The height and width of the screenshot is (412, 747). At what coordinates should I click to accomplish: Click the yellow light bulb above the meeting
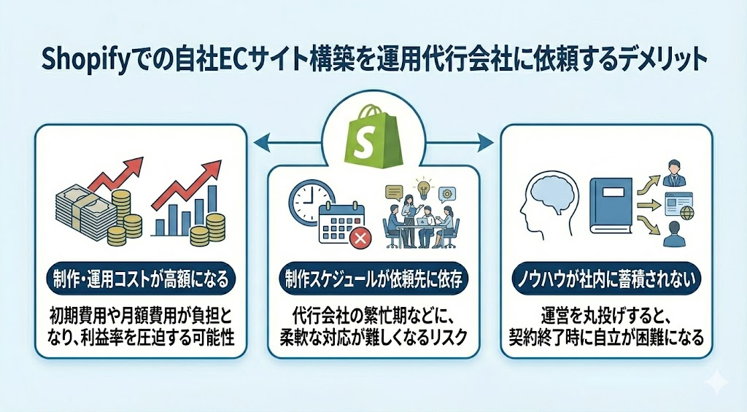click(422, 187)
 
